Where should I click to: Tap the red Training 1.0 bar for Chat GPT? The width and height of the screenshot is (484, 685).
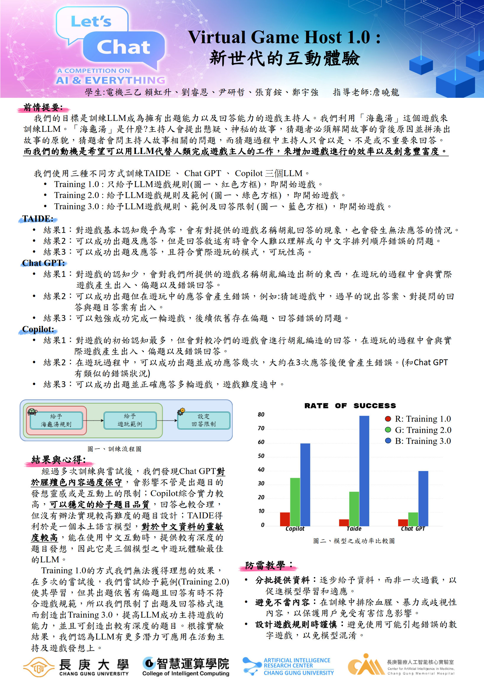403,523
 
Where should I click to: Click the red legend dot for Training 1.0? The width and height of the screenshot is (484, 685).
388,419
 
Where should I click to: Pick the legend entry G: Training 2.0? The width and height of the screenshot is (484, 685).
423,430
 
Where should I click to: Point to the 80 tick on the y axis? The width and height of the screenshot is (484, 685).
261,414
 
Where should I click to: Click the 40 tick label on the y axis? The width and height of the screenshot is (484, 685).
261,470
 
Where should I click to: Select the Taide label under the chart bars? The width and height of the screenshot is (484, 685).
354,529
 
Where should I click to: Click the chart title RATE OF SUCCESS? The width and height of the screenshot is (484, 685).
350,406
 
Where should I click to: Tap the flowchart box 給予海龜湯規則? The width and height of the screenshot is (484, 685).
56,421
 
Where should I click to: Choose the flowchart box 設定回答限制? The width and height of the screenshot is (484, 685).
204,421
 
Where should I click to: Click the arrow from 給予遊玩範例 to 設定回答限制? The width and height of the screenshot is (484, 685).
167,421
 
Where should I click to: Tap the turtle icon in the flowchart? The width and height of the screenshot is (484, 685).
32,412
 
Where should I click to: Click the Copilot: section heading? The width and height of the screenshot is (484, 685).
38,329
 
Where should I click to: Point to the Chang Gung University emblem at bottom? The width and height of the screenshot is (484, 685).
38,667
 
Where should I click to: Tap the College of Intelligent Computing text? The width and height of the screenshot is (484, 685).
186,673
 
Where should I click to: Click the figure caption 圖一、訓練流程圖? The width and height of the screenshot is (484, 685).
114,449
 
